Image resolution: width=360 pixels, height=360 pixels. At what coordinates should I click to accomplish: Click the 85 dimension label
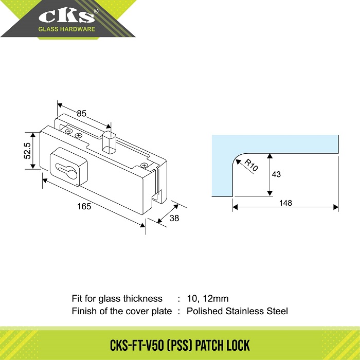point(81,114)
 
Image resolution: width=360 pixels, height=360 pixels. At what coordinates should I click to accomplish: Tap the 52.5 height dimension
point(27,151)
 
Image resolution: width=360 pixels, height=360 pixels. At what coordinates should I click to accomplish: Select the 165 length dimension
point(84,206)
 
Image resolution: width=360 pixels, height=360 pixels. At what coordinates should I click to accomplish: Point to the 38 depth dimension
point(174,218)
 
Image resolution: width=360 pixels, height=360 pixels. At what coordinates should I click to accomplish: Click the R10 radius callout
point(251,165)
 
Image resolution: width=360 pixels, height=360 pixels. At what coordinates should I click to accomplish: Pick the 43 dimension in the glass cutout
point(276,174)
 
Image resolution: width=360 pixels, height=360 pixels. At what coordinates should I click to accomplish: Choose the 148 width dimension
point(285,203)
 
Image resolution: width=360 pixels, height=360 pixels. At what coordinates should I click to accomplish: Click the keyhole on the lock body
point(66,170)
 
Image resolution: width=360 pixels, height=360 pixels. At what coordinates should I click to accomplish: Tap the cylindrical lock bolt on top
point(109,142)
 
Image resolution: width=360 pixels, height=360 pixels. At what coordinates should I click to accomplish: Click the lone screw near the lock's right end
point(144,165)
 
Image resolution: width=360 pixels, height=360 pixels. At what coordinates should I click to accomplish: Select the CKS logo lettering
point(66,16)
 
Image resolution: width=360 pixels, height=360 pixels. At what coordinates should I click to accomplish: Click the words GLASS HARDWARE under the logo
point(66,29)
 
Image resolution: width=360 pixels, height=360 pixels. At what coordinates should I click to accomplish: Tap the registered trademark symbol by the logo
point(96,11)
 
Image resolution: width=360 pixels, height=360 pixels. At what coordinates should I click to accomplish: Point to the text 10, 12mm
point(208,298)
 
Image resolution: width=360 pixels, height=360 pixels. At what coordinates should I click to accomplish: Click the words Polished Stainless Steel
point(237,311)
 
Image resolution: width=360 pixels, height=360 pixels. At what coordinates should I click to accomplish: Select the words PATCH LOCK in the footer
point(222,345)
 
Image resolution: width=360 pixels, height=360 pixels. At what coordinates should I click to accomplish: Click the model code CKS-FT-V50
point(137,345)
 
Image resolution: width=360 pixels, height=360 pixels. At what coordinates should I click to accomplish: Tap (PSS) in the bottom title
point(179,345)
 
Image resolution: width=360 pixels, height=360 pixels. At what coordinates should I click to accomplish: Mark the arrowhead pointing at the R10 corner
point(239,162)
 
